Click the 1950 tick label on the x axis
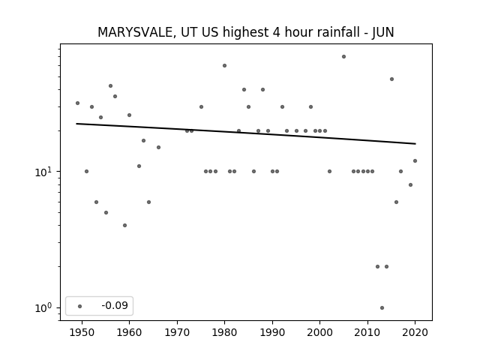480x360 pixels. tap(82, 332)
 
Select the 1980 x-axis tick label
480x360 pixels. tap(224, 332)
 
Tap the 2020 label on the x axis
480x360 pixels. tap(415, 332)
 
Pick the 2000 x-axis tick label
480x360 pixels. tap(319, 332)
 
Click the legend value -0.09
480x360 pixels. tap(115, 305)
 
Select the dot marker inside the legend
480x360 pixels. tap(80, 306)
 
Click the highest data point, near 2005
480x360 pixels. tap(343, 57)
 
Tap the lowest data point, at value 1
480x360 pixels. tap(382, 308)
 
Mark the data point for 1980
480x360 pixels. tap(224, 65)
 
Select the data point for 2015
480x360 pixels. tap(391, 79)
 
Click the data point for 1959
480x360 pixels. tap(124, 225)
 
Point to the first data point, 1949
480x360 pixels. tap(77, 103)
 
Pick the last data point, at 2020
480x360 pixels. tap(415, 160)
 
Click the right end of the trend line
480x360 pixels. tap(415, 143)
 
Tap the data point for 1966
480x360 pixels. tap(158, 147)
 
